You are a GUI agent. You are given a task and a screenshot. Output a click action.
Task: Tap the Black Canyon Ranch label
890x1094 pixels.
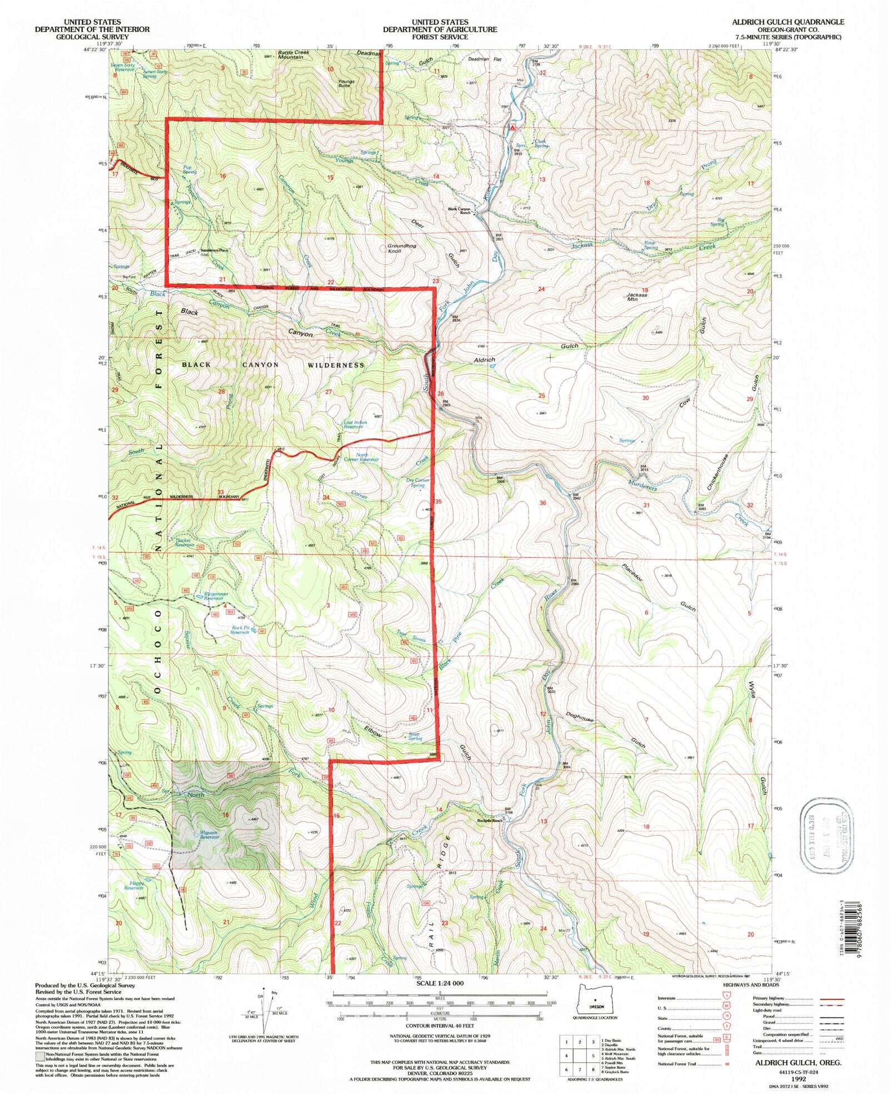point(459,211)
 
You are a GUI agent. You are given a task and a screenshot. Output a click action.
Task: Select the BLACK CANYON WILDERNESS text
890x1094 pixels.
point(273,365)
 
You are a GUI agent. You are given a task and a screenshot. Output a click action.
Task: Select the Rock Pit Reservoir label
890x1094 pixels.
point(240,630)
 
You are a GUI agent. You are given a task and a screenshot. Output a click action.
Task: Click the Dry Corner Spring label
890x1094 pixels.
point(418,483)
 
